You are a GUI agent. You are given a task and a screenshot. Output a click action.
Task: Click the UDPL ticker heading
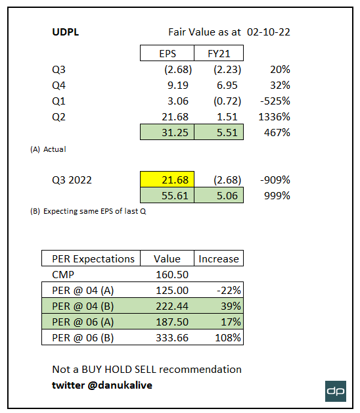[67, 32]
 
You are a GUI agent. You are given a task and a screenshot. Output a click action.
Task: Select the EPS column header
[167, 53]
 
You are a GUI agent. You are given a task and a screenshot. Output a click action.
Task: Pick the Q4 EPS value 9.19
[167, 85]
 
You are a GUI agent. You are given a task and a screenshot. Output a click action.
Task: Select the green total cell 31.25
[167, 133]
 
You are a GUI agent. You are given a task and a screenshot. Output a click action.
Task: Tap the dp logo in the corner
[336, 391]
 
